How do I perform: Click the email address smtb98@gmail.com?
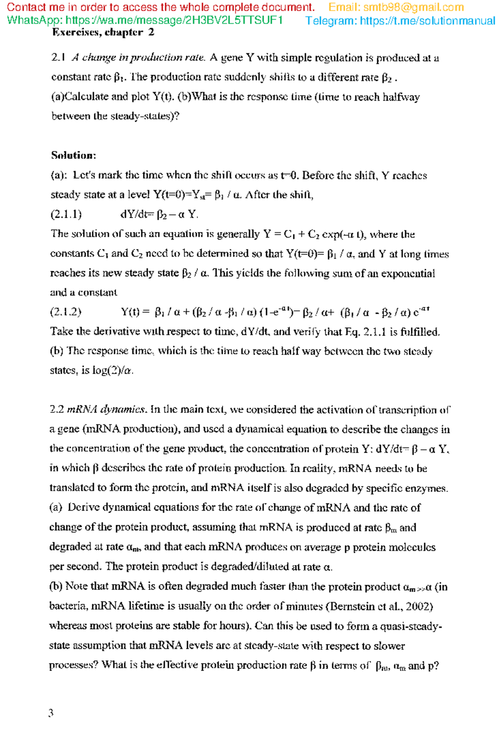413,7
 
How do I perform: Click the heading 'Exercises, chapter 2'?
103,32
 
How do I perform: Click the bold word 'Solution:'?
74,155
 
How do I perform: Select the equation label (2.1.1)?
66,214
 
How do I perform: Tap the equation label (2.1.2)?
66,312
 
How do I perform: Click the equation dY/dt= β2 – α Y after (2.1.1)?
159,214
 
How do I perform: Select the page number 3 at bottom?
51,713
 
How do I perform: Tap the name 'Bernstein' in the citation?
350,607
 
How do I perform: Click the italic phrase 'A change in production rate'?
138,58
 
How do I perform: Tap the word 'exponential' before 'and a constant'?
408,273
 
